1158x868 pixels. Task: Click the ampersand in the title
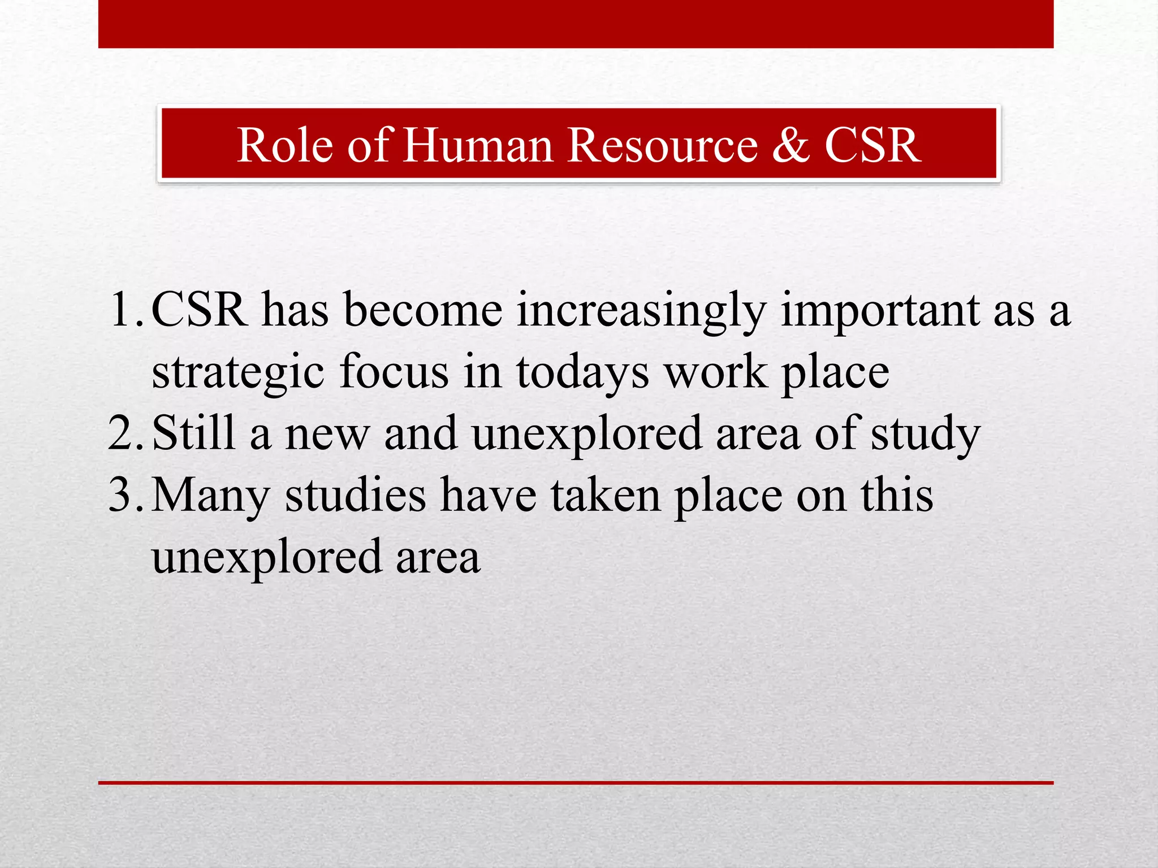click(x=790, y=145)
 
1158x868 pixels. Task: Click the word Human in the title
click(x=478, y=145)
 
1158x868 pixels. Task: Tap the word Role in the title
click(x=285, y=145)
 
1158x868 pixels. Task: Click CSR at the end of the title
click(x=872, y=145)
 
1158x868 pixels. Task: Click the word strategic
click(x=238, y=373)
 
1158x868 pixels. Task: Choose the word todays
click(x=582, y=373)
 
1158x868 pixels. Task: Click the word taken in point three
click(x=606, y=495)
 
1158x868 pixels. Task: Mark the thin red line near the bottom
click(x=576, y=783)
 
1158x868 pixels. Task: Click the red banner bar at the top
click(x=576, y=24)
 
